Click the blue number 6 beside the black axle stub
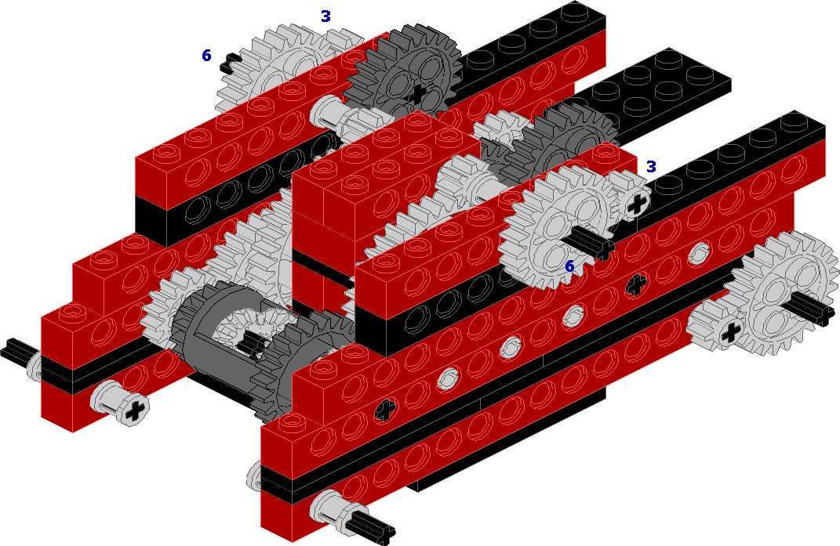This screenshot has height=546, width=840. click(x=206, y=55)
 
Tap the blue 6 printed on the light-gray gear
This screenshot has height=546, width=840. click(x=569, y=266)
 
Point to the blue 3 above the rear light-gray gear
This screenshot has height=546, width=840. click(x=325, y=16)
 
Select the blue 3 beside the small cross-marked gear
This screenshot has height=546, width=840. click(x=651, y=167)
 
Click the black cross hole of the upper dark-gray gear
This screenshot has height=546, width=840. click(x=417, y=93)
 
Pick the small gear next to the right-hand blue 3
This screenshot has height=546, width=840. click(x=631, y=197)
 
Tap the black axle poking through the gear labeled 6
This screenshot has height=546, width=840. click(x=593, y=243)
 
